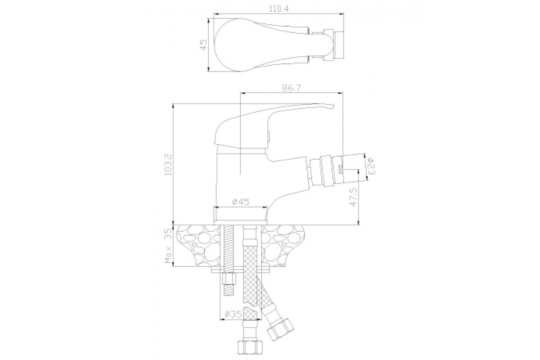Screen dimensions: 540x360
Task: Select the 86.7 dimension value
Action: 291,88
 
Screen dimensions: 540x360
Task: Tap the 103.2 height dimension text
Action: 167,164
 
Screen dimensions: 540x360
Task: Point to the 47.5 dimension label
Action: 353,197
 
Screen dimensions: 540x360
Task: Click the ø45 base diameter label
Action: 240,202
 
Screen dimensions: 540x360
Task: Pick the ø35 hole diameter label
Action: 233,314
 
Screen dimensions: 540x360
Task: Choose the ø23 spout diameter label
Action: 371,166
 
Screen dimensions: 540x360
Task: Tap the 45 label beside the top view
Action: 203,45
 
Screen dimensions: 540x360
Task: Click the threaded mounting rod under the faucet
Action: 229,261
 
